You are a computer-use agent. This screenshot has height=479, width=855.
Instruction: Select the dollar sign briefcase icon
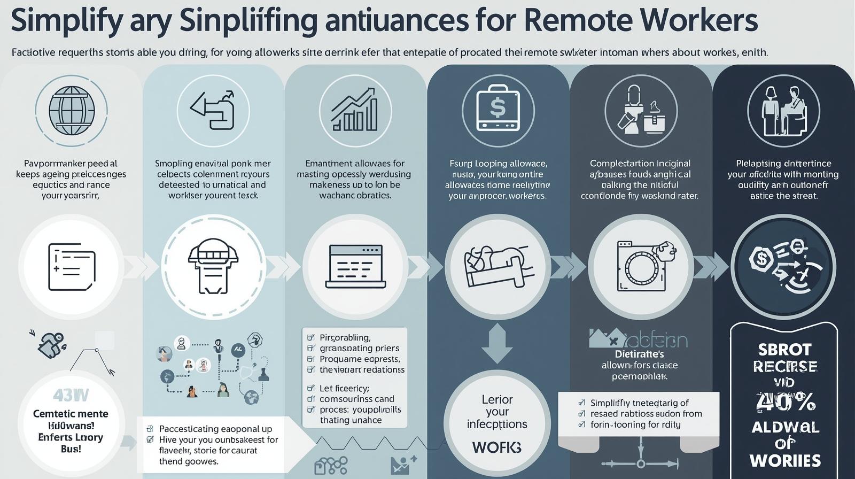498,109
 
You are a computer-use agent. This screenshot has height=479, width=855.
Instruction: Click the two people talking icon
783,111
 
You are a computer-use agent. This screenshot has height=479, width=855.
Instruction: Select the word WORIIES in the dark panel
785,460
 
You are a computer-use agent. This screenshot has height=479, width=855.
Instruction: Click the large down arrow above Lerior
497,345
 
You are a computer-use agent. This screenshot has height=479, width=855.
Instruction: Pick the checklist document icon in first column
72,267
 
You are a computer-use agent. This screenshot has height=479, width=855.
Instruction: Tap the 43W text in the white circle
71,396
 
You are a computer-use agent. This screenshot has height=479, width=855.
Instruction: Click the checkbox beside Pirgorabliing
310,338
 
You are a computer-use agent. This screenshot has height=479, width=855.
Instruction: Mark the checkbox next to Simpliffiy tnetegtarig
582,403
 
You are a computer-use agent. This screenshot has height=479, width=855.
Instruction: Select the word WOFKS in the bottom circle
497,447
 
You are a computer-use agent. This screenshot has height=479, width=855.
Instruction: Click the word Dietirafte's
639,354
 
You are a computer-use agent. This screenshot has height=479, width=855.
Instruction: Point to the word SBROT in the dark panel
785,350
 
